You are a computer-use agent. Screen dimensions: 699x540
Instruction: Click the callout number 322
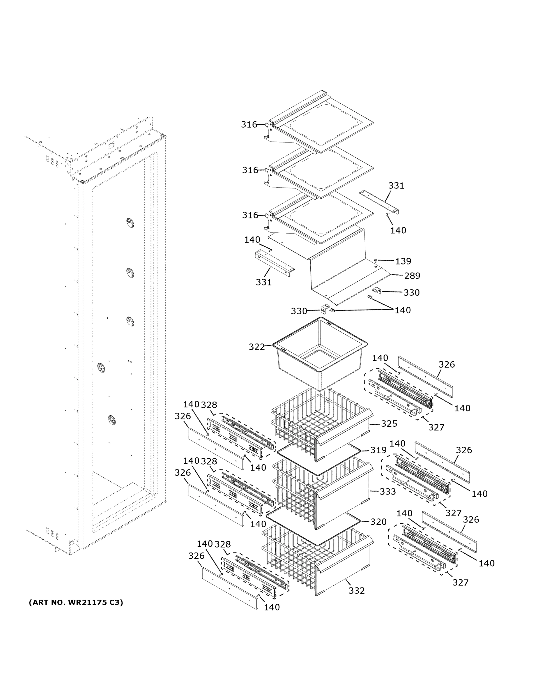(256, 347)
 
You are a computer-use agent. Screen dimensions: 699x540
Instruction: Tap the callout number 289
(412, 276)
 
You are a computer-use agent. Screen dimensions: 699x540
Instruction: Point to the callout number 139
(403, 261)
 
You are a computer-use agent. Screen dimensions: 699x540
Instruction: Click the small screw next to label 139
(376, 261)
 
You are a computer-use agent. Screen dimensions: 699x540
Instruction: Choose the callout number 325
(389, 423)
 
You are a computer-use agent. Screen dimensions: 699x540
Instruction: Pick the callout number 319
(378, 450)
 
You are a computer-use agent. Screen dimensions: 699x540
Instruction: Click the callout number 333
(388, 491)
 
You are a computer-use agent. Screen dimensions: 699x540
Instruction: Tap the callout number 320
(378, 522)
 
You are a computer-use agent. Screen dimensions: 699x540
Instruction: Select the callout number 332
(357, 590)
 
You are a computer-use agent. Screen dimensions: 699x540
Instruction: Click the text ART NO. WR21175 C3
(76, 603)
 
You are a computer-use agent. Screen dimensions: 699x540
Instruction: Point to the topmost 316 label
(249, 124)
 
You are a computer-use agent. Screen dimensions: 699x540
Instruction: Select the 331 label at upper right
(396, 186)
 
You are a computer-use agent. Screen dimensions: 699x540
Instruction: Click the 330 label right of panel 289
(411, 292)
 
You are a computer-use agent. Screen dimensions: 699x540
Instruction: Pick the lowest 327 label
(460, 582)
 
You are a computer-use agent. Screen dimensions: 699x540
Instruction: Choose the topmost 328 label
(209, 405)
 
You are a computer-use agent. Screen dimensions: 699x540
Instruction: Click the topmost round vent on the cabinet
(130, 223)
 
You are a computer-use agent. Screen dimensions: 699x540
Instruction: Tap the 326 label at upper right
(447, 364)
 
